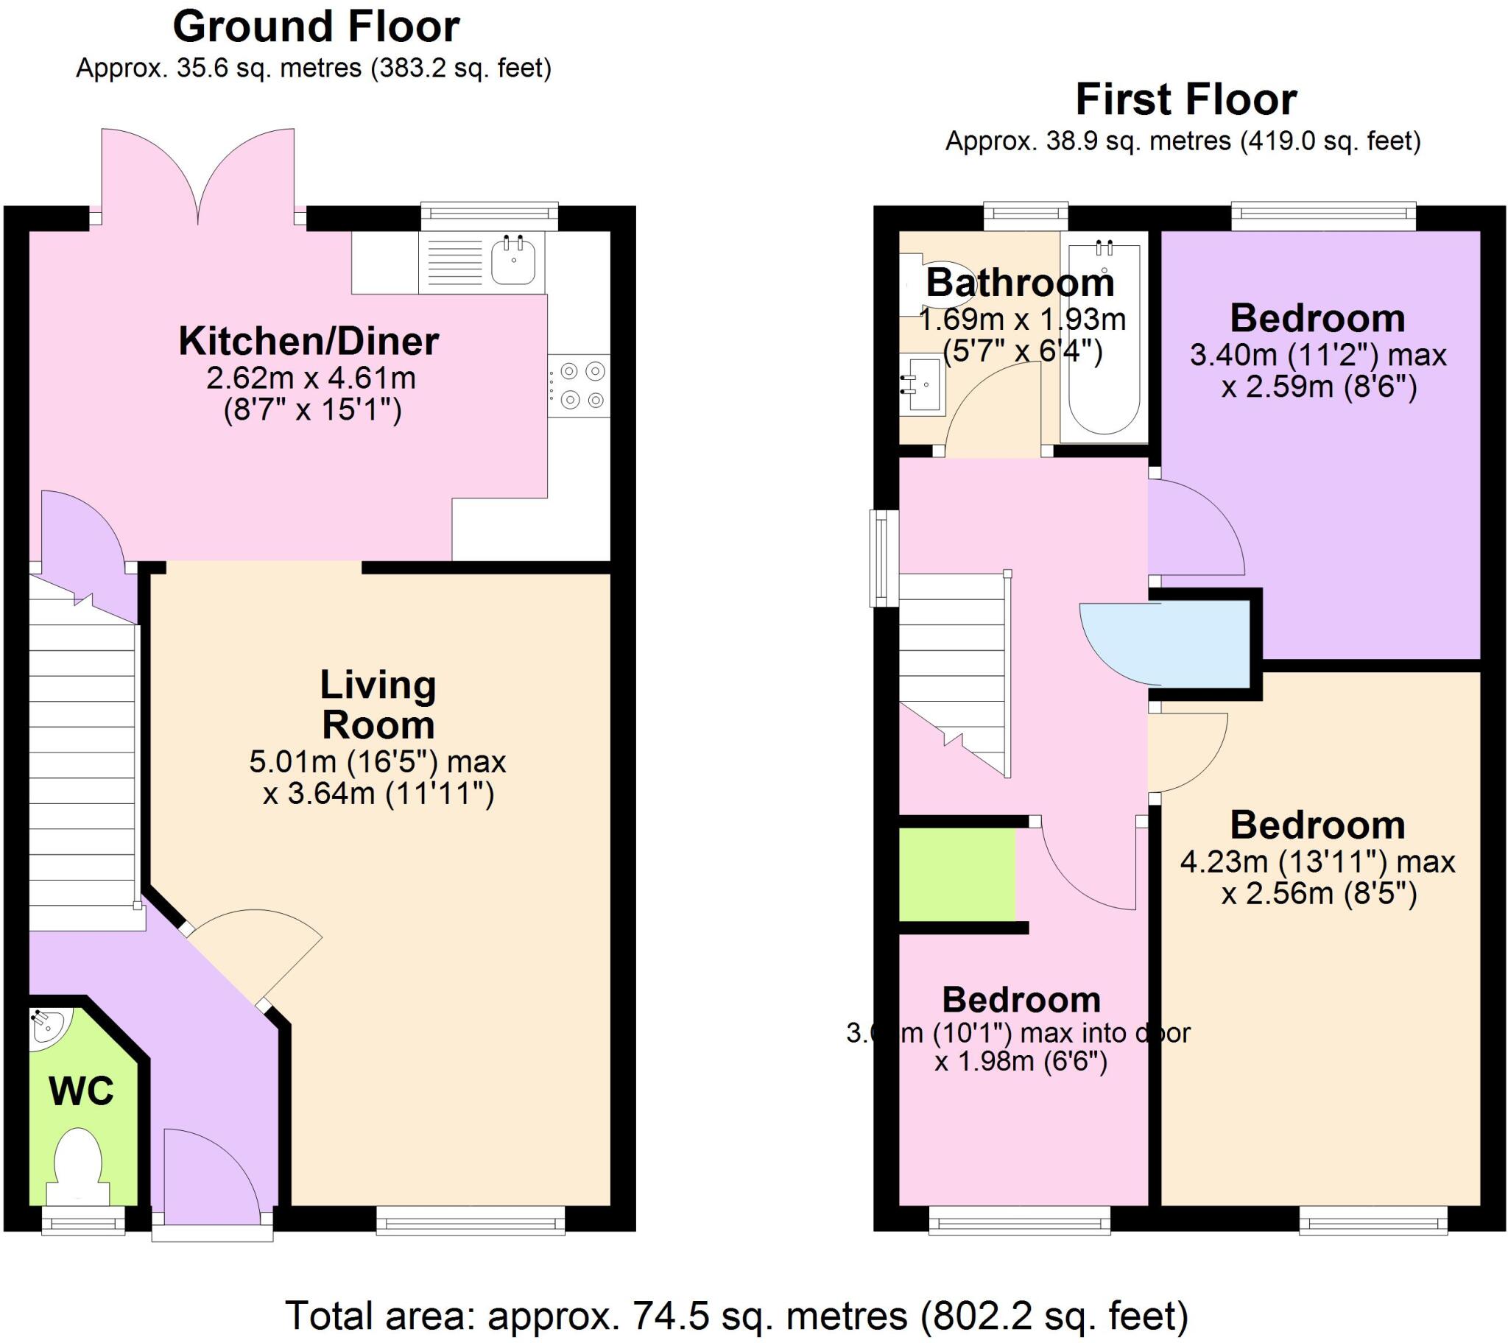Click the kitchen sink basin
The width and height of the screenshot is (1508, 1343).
tap(513, 262)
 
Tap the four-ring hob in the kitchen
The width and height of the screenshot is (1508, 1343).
tap(581, 386)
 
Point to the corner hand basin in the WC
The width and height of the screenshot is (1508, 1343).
tap(46, 1026)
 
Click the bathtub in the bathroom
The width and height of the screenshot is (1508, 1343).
tap(1104, 339)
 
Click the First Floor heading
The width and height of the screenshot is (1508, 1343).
tap(1185, 99)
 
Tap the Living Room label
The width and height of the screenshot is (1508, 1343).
tap(378, 705)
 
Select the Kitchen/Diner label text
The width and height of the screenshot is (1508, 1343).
tap(309, 342)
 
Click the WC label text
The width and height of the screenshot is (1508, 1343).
tap(81, 1090)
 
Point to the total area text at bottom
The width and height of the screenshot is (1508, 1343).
tap(736, 1316)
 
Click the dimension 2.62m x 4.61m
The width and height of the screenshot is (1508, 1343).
tap(311, 378)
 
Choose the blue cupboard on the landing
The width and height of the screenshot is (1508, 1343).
tap(1173, 643)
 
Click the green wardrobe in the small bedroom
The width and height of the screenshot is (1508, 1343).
tap(957, 875)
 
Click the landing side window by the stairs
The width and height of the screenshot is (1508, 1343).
tap(882, 558)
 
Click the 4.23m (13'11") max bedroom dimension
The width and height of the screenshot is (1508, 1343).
tap(1317, 862)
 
